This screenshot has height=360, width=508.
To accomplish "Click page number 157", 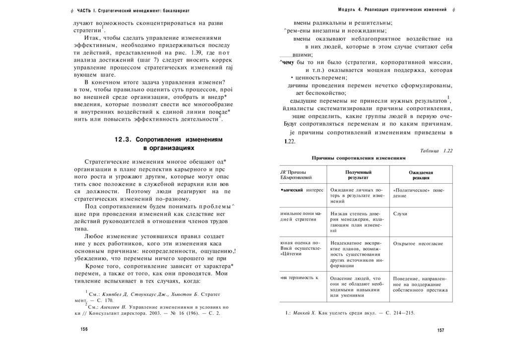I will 441,331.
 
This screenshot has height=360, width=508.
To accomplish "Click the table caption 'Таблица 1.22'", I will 437,150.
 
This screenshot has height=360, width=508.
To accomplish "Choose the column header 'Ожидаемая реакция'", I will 419,174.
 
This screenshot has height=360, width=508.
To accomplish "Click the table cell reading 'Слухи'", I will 400,214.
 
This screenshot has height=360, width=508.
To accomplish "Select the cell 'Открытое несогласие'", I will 418,244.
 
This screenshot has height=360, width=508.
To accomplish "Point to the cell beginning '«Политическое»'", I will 418,193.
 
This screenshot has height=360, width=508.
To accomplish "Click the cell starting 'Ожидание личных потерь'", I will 357,196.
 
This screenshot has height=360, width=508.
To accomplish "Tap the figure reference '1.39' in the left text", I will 188,52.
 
